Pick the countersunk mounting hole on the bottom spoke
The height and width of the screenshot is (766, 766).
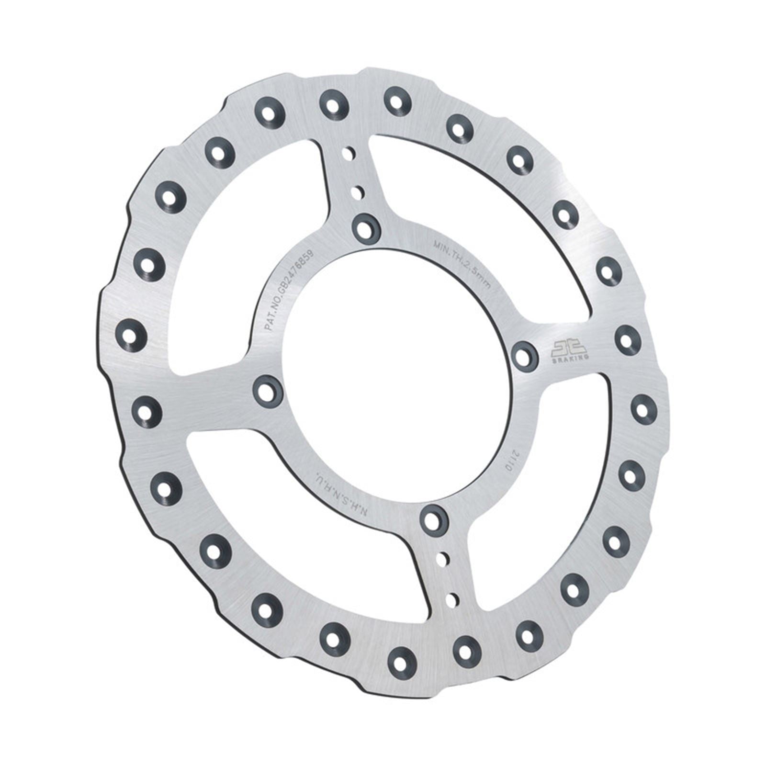(x=434, y=518)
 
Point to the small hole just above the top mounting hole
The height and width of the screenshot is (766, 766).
(x=357, y=193)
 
